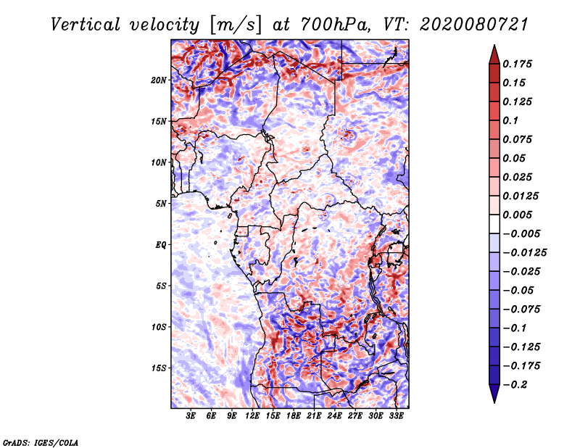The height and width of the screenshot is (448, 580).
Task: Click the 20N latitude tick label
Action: [159, 80]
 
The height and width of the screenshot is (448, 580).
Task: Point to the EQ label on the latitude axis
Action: [160, 245]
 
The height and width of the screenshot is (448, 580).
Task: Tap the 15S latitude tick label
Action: [159, 368]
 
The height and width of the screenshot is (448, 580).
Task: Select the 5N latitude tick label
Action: [161, 204]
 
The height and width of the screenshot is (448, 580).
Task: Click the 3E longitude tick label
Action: [191, 416]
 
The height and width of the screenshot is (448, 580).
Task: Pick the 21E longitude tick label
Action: [314, 416]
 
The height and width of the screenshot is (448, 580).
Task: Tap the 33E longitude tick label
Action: [396, 416]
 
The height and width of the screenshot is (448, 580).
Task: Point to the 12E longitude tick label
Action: [252, 416]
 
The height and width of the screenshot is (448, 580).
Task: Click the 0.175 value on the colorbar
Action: [517, 64]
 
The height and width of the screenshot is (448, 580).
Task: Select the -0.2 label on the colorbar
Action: [515, 385]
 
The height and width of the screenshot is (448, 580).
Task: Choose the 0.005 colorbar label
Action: [517, 215]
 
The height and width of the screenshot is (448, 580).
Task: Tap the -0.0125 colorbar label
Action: [524, 253]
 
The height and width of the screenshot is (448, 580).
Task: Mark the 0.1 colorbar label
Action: [510, 120]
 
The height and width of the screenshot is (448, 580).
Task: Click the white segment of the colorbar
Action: [494, 224]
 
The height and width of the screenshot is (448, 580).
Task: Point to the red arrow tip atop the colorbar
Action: [494, 46]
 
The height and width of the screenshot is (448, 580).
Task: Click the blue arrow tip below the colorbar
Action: [494, 402]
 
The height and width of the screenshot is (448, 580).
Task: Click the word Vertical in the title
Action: [86, 25]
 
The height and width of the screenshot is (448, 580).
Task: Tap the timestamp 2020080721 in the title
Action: [474, 25]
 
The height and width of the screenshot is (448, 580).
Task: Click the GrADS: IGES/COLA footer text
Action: [41, 443]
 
